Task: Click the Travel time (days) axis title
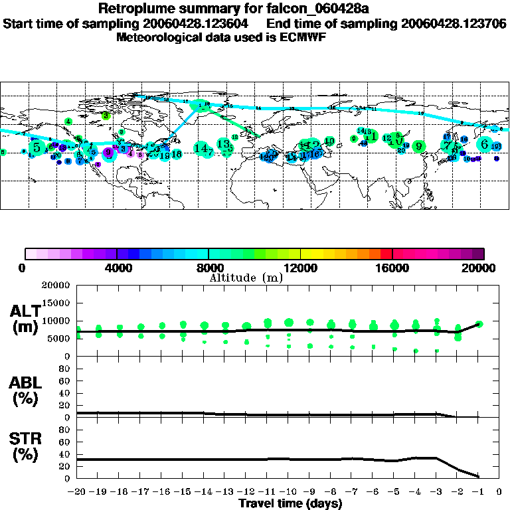[x=290, y=503]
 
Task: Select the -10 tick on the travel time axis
[x=288, y=492]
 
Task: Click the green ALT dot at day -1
[x=479, y=324]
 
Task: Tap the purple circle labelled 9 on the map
[x=108, y=153]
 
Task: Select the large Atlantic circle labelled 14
[x=201, y=149]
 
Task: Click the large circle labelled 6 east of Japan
[x=485, y=144]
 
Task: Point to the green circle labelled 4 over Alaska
[x=68, y=122]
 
